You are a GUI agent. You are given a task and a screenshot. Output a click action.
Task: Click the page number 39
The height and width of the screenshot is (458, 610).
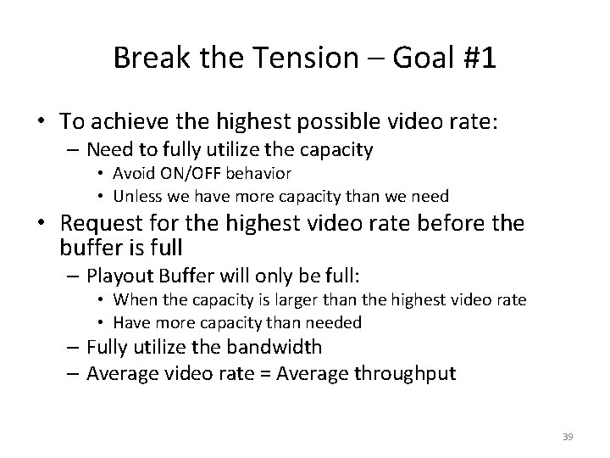click(x=568, y=436)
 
